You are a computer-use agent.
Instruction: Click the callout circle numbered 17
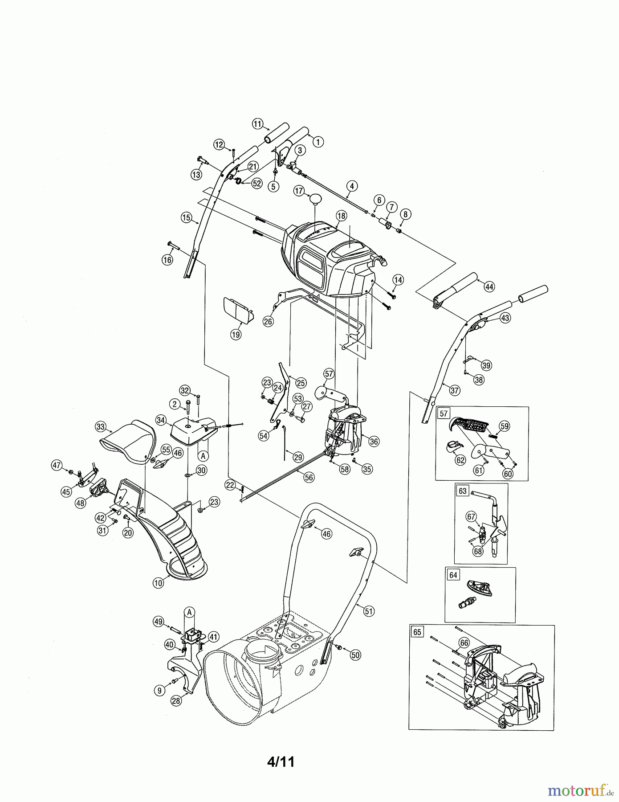[x=299, y=191]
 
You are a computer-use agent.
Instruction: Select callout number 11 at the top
[x=257, y=124]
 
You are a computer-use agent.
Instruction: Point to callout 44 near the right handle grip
[x=489, y=287]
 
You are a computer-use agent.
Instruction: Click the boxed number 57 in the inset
[x=444, y=413]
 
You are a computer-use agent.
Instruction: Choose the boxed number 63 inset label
[x=463, y=491]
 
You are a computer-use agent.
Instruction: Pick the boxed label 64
[x=453, y=575]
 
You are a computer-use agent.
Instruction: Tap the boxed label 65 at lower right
[x=417, y=632]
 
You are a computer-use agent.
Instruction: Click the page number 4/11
[x=281, y=761]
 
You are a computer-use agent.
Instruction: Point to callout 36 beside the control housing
[x=374, y=441]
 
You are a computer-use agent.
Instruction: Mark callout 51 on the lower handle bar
[x=368, y=611]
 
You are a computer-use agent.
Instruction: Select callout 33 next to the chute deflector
[x=101, y=427]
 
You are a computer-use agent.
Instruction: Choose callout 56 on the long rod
[x=308, y=477]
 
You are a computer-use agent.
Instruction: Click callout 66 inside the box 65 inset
[x=464, y=642]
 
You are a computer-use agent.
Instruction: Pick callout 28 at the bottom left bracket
[x=176, y=701]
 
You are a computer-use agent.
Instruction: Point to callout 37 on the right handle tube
[x=454, y=391]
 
